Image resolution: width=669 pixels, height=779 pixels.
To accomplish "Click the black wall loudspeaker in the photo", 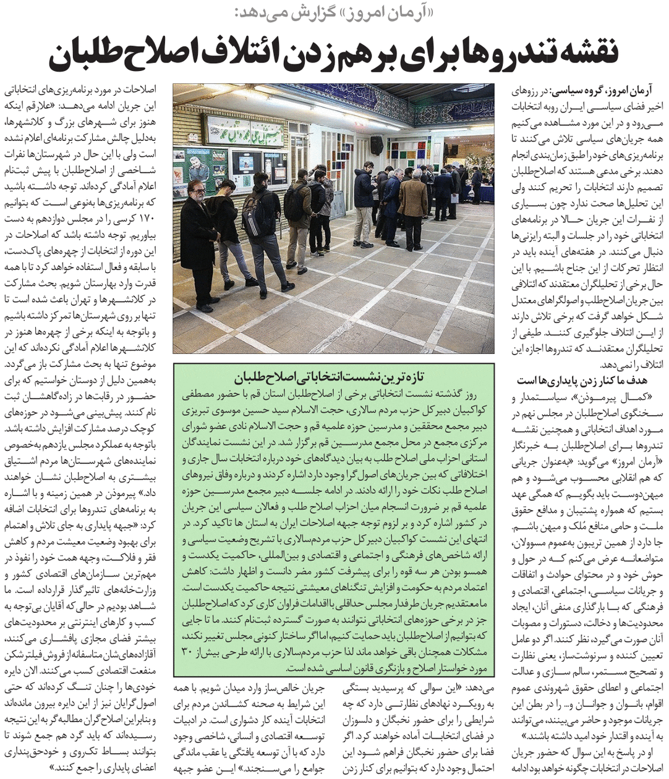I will (376, 145).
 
